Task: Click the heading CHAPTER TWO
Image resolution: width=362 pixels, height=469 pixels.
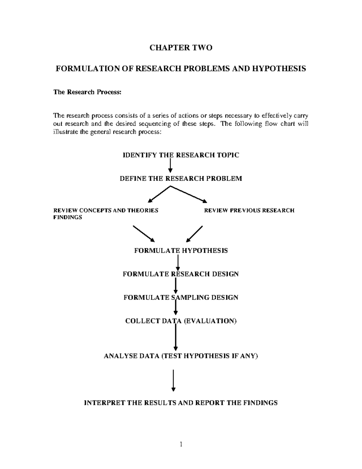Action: (181, 48)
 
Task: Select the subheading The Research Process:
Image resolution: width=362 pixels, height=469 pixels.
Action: (87, 92)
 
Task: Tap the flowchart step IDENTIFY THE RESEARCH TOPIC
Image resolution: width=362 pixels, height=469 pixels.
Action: (181, 155)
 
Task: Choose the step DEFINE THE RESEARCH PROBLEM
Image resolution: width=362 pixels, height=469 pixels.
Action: (181, 178)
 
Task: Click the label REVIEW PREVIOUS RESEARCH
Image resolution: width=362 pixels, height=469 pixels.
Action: (249, 210)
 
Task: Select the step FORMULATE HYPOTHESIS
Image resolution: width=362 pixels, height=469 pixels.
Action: (181, 251)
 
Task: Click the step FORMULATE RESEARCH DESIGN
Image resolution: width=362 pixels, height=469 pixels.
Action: (181, 274)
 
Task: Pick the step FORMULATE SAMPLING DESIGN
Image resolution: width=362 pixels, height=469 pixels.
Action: (181, 297)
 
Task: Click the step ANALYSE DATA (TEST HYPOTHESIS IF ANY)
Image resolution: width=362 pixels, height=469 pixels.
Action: (181, 356)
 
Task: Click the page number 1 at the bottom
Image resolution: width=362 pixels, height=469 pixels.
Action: (181, 444)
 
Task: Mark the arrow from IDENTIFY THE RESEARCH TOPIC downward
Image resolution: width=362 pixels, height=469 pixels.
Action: (170, 165)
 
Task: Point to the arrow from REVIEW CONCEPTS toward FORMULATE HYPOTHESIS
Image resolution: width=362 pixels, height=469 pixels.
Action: (144, 233)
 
